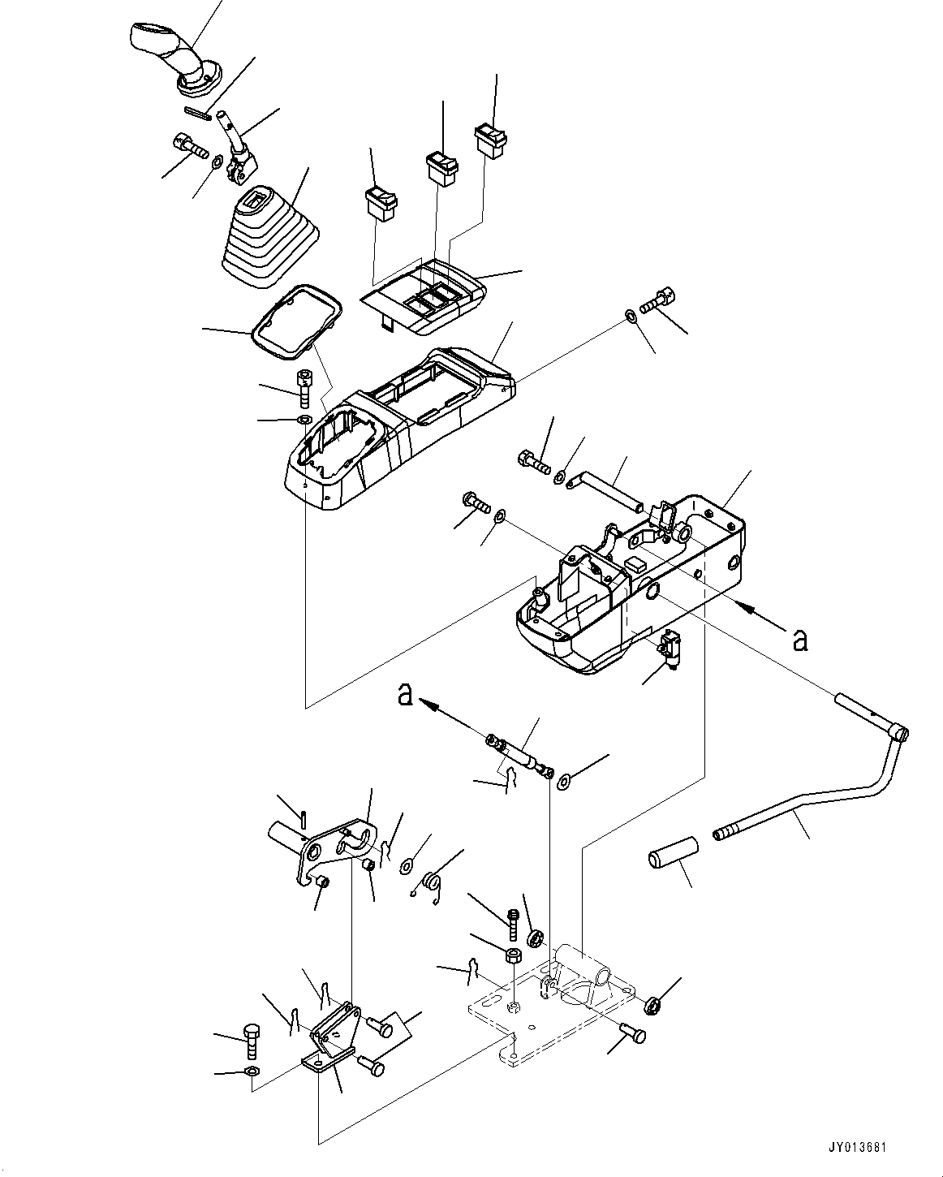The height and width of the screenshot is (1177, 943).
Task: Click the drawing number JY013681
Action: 859,1149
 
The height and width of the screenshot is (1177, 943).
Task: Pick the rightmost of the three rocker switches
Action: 489,140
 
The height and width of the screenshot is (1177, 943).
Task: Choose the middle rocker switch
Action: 441,168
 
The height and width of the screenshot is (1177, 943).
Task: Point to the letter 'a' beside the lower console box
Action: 800,640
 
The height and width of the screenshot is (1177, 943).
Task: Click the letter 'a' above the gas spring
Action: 406,694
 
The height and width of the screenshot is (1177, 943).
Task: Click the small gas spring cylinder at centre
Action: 517,752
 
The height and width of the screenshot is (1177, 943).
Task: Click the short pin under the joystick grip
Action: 198,113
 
